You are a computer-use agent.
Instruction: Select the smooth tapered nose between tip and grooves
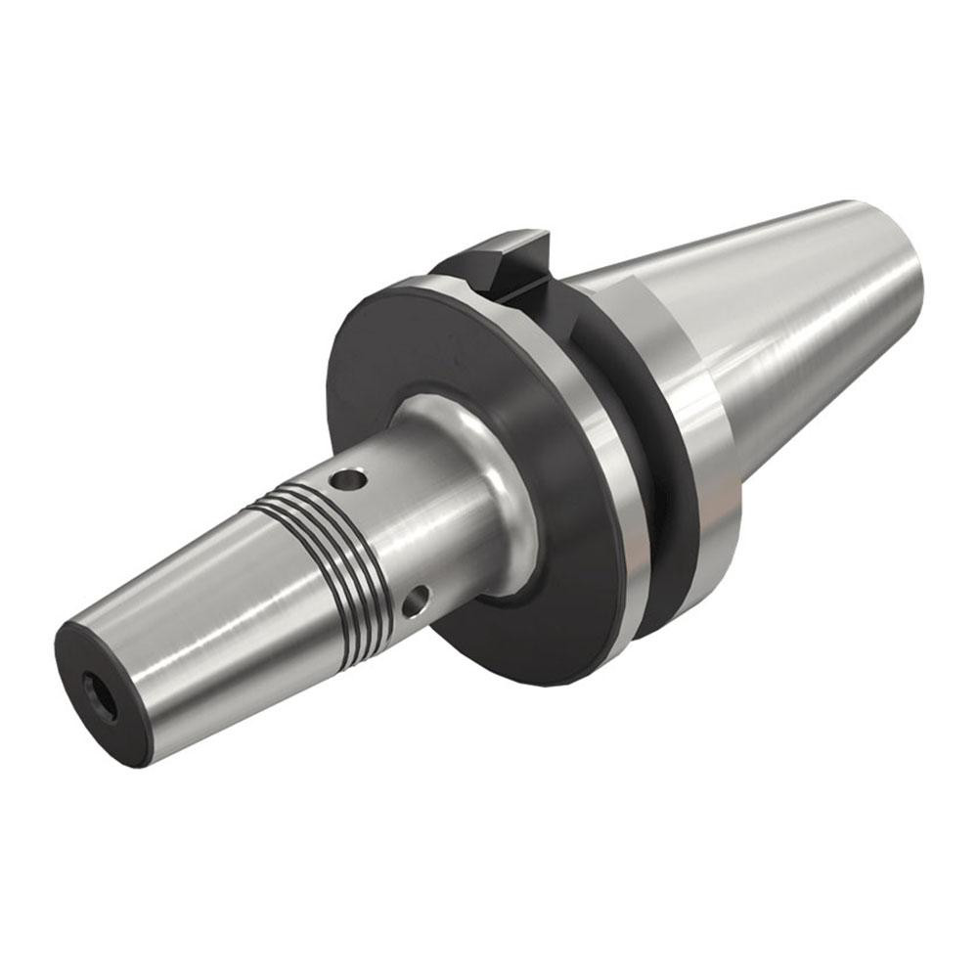pyautogui.click(x=186, y=606)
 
